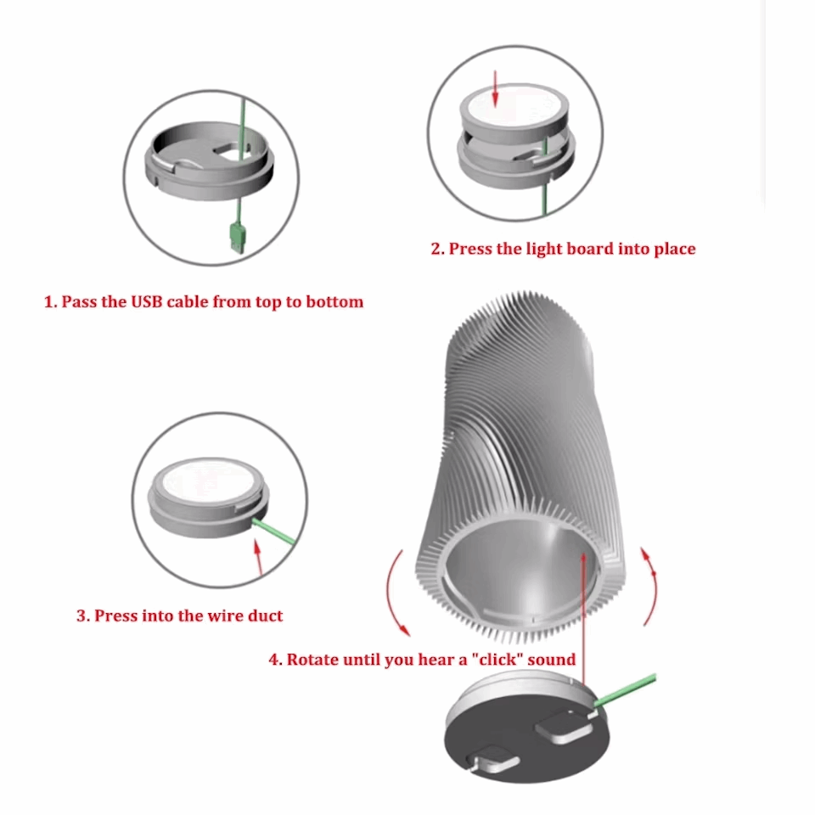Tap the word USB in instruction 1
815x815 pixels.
(x=150, y=301)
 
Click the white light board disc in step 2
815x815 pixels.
(x=514, y=110)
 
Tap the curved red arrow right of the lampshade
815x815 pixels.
(x=650, y=586)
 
